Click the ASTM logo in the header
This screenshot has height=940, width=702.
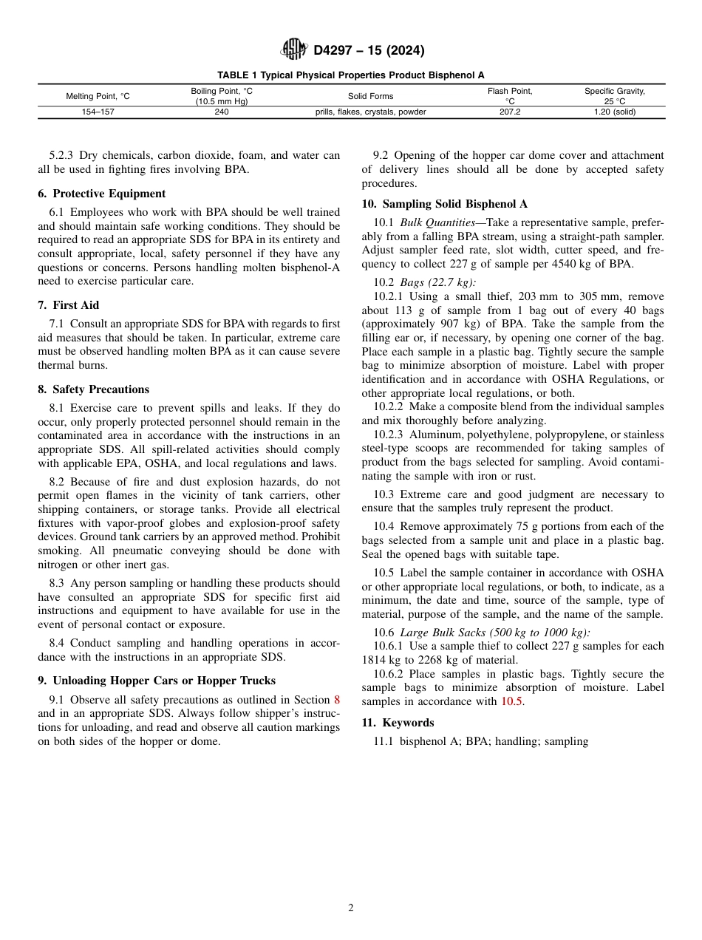click(293, 50)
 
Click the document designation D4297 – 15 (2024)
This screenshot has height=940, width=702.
click(369, 51)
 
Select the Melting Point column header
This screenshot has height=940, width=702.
click(98, 96)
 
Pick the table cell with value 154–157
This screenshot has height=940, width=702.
click(98, 112)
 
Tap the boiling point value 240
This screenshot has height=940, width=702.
click(222, 112)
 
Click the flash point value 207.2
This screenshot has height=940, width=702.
click(510, 112)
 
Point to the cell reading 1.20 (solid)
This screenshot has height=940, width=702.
click(615, 112)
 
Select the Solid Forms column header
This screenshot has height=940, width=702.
click(370, 96)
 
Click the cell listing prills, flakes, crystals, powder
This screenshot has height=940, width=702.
click(370, 112)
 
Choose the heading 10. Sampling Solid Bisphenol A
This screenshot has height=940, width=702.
click(444, 204)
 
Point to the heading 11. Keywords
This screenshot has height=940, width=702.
click(398, 723)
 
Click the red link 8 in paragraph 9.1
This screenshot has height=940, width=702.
click(337, 700)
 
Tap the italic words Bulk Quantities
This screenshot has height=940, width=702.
click(437, 222)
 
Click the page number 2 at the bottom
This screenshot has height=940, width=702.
click(351, 908)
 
